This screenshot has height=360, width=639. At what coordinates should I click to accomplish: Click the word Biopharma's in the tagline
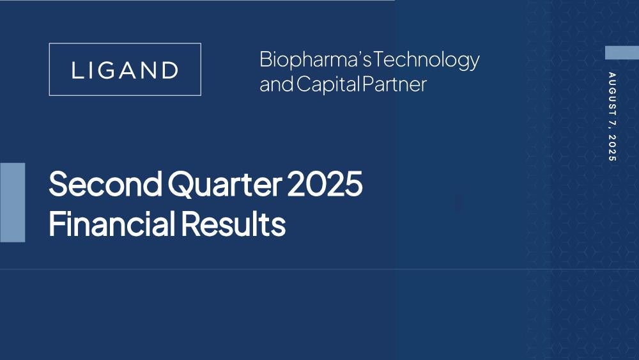click(x=316, y=60)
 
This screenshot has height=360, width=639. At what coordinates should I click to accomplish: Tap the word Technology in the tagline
click(x=426, y=60)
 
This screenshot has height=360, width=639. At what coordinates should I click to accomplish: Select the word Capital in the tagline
click(x=328, y=84)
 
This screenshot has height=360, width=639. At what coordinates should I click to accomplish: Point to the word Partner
click(x=394, y=84)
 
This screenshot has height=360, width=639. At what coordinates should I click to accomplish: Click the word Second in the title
click(x=105, y=184)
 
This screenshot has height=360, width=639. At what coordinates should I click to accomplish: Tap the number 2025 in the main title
click(x=325, y=184)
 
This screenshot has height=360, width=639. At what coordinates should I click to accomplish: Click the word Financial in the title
click(x=112, y=223)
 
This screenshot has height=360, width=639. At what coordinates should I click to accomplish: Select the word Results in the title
click(x=233, y=223)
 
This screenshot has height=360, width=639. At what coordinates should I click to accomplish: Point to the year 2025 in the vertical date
click(x=612, y=148)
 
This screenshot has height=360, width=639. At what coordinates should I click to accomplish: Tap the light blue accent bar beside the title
click(x=12, y=203)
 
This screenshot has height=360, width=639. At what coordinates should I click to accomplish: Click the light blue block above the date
click(x=622, y=53)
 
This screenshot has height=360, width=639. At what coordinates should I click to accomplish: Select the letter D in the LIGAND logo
click(x=170, y=70)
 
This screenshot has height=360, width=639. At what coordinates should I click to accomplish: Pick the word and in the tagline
click(x=277, y=84)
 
